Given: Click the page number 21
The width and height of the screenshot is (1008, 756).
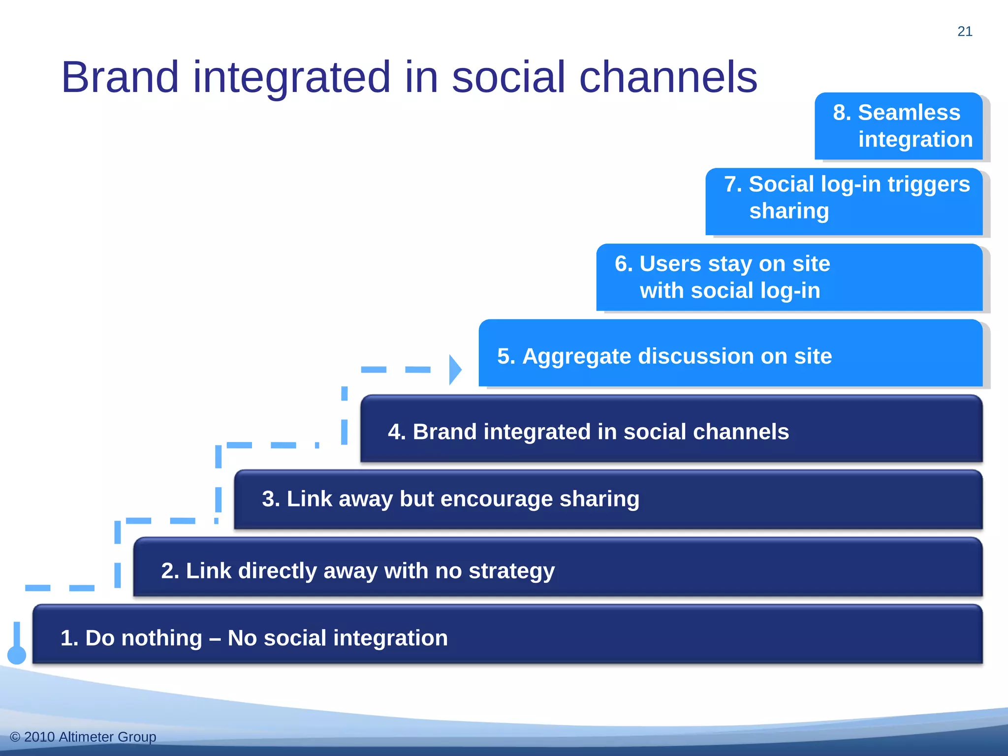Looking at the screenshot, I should (965, 31).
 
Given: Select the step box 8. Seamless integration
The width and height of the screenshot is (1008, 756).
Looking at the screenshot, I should (898, 126).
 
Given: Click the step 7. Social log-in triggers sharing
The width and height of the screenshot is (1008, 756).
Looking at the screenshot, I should (844, 202).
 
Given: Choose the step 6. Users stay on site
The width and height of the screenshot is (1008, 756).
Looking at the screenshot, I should (789, 277).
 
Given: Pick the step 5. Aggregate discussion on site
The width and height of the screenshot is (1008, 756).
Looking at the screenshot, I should (730, 353).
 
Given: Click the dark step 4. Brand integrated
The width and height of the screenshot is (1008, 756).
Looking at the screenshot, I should (671, 429).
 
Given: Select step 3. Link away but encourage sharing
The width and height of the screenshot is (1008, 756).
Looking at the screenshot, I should (608, 500).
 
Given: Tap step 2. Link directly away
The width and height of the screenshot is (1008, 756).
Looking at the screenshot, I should (558, 567).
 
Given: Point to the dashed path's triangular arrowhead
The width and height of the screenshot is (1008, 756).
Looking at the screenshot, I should (455, 370).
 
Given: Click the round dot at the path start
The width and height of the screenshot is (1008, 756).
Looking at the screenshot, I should (17, 655).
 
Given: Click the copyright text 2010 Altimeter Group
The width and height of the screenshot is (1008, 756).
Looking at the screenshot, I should (83, 737).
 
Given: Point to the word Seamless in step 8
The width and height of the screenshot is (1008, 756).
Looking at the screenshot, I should (909, 113).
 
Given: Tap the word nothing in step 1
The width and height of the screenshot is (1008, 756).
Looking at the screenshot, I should (161, 638).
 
